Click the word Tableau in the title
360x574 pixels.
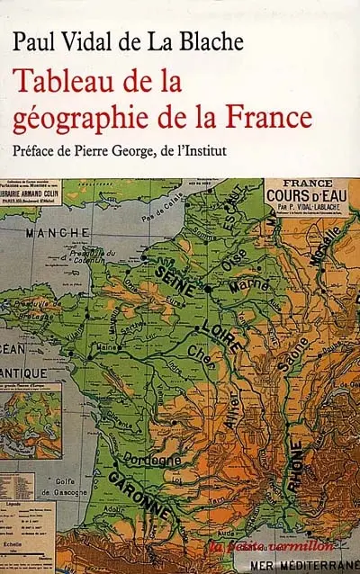tap(63, 84)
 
